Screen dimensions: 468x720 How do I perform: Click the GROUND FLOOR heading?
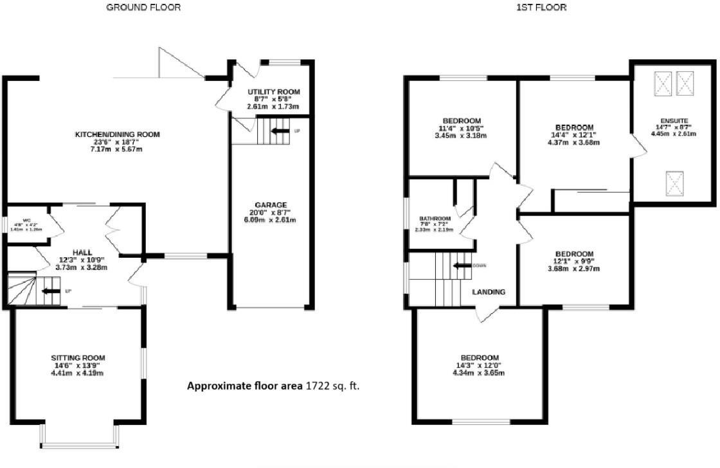[143, 8]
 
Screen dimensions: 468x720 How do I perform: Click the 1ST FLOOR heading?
[532, 8]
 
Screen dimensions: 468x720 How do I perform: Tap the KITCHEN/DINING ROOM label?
[117, 134]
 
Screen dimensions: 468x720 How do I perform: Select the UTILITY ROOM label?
[274, 91]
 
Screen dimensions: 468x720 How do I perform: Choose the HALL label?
[82, 252]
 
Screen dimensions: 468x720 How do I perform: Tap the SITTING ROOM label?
[78, 357]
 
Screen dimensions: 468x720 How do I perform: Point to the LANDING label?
[489, 291]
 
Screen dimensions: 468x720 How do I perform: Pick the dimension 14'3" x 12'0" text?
[480, 365]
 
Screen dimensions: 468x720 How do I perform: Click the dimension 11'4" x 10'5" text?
[462, 128]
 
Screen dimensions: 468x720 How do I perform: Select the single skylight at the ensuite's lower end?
[674, 183]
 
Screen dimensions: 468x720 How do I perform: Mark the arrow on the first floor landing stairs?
[461, 265]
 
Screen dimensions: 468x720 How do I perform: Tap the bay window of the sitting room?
[79, 443]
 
